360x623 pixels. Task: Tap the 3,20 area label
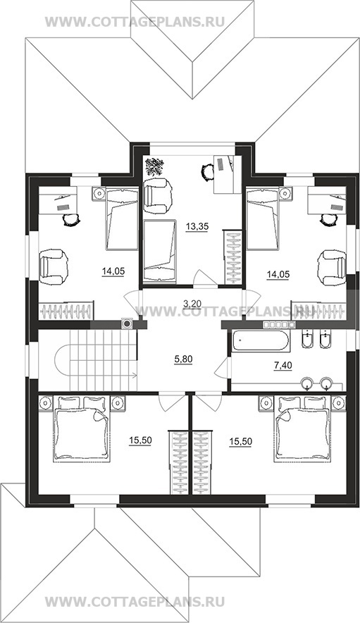[192, 304]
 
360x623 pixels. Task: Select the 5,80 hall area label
[183, 359]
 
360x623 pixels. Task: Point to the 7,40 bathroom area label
[283, 366]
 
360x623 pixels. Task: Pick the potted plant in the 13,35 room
[154, 167]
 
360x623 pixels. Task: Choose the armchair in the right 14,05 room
[332, 266]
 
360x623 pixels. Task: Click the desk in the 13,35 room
[228, 175]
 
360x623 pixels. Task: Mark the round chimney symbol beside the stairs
[127, 323]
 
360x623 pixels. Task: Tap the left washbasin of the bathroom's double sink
[307, 383]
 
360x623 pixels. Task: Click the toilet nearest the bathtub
[307, 339]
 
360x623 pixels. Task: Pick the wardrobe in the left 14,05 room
[67, 310]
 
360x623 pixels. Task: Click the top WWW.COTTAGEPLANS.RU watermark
[135, 21]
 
